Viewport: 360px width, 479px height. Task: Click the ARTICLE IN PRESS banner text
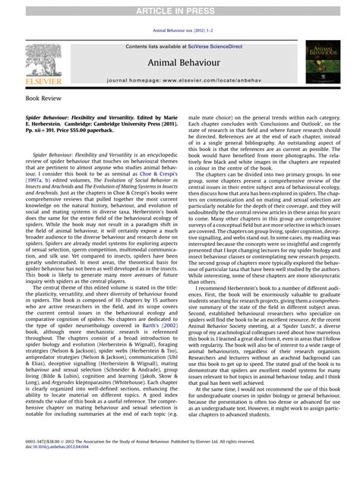click(x=180, y=8)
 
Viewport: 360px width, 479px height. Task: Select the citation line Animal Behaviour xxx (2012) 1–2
click(x=180, y=31)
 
